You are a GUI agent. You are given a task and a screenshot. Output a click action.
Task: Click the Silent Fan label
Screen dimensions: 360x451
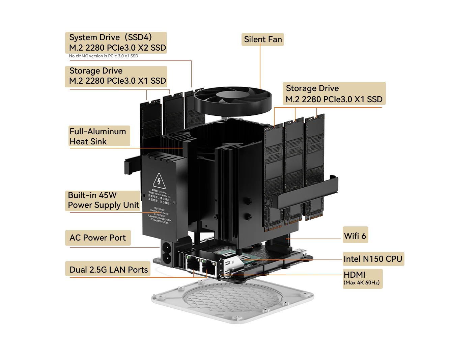(263, 39)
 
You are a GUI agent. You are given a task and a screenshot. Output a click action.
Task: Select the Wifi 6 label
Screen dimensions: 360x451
(355, 236)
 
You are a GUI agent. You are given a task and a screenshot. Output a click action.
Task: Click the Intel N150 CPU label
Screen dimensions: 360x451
(373, 259)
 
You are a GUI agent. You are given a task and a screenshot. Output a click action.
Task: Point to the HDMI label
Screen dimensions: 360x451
(355, 274)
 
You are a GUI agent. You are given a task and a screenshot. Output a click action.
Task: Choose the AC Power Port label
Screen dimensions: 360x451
(97, 238)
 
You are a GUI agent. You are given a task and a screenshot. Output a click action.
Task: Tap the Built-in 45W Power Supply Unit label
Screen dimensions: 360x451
(103, 200)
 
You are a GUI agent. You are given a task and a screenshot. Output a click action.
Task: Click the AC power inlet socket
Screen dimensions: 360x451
(167, 253)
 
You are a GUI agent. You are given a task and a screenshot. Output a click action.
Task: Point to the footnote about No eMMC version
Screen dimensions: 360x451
(104, 56)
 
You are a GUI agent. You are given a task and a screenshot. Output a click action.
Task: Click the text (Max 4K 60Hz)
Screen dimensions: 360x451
(361, 283)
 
